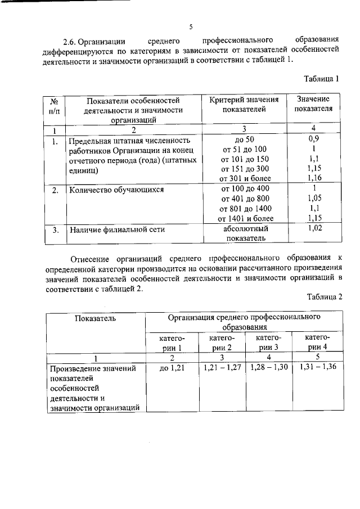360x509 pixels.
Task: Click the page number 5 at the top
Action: point(191,27)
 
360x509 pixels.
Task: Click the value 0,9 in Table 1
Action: point(314,138)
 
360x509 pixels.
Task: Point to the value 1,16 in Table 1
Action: point(314,178)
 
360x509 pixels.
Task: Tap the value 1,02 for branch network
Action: point(314,228)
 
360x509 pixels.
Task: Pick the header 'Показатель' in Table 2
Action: point(95,319)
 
